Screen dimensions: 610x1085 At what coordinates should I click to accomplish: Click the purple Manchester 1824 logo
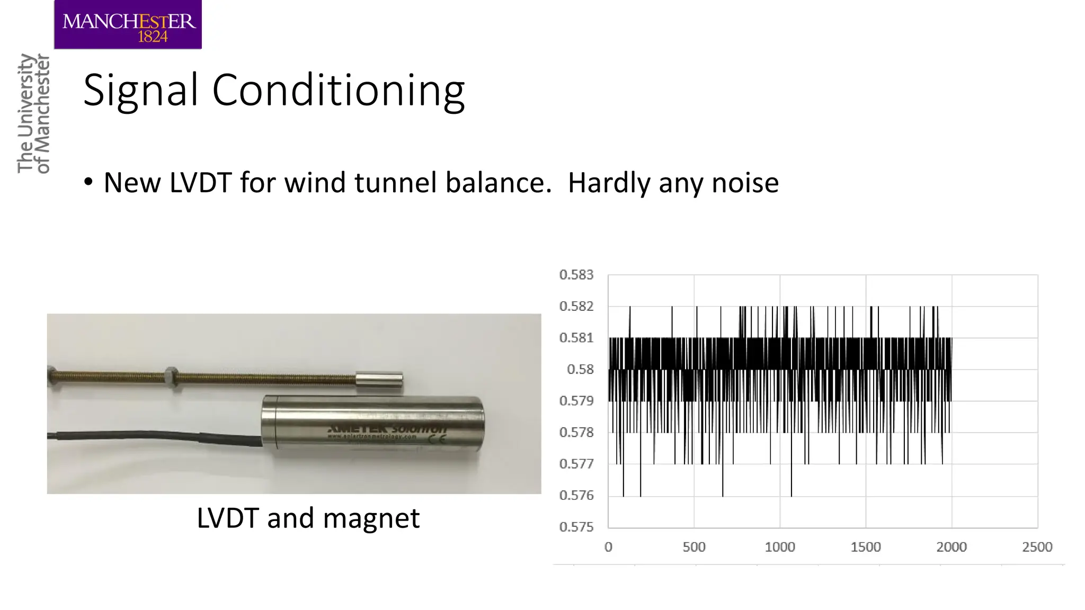(128, 25)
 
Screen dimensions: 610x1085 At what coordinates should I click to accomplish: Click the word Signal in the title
(141, 91)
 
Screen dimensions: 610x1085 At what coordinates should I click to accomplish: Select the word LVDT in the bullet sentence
(201, 183)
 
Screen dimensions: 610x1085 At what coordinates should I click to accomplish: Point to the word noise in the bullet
(745, 183)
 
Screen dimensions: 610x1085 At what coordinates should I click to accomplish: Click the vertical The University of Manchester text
(33, 113)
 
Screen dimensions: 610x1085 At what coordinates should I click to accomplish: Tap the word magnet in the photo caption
(371, 518)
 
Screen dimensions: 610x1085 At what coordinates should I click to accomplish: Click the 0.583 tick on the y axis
(576, 275)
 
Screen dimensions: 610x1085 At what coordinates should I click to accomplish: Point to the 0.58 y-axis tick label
(580, 370)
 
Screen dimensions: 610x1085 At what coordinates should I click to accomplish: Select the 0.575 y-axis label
(576, 527)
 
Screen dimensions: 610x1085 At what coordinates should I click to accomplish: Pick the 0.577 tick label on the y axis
(576, 464)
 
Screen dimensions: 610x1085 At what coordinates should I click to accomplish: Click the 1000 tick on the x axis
(779, 547)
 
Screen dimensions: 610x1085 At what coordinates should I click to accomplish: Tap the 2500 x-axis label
(1037, 547)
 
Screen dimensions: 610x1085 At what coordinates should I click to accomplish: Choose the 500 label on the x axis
(693, 547)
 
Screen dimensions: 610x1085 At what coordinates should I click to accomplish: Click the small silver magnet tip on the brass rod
(378, 380)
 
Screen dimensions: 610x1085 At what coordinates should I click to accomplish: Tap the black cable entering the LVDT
(159, 436)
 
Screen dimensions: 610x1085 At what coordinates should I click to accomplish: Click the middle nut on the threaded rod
(171, 376)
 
